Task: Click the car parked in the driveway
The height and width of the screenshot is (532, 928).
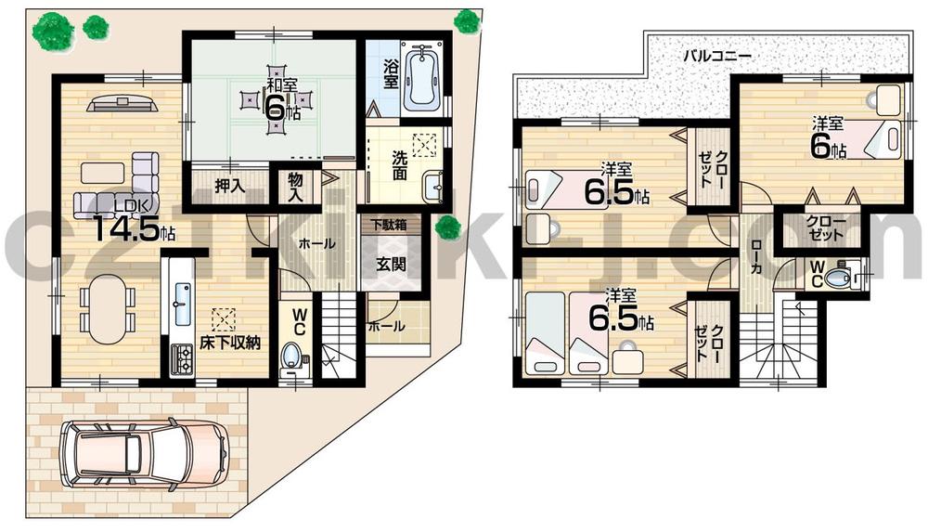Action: coord(144,455)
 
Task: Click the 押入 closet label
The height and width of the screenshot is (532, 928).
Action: coord(229,186)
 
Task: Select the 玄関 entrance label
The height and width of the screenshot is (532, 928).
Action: coord(390,262)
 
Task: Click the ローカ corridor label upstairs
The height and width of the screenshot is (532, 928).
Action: coord(758,263)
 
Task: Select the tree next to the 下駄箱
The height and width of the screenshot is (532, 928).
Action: coord(448,226)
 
